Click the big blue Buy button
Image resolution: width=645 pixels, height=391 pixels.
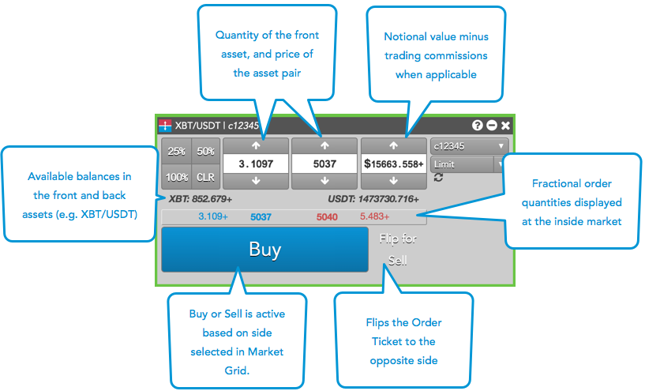coord(264,250)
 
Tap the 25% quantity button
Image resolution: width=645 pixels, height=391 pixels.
coord(177,152)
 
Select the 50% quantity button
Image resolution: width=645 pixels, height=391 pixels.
coord(205,152)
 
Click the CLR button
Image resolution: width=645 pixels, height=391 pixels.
coord(205,177)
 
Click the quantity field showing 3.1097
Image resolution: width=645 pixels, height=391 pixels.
coord(255,164)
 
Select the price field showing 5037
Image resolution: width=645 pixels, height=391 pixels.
coord(324,164)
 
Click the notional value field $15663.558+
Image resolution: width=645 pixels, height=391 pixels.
coord(393,164)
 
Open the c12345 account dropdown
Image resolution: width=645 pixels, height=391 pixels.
coord(469,146)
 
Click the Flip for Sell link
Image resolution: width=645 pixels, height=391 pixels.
coord(398,249)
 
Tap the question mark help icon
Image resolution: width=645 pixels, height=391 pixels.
coord(478,126)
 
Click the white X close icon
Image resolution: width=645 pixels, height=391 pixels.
coord(505,126)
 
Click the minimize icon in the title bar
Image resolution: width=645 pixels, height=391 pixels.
coord(491,126)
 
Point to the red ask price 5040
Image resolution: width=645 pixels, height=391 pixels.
coord(327,216)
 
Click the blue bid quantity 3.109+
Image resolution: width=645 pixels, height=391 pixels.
coord(212,216)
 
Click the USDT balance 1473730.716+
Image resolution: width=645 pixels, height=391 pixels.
coord(373,198)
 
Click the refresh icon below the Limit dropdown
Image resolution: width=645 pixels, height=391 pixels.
coord(438,178)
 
